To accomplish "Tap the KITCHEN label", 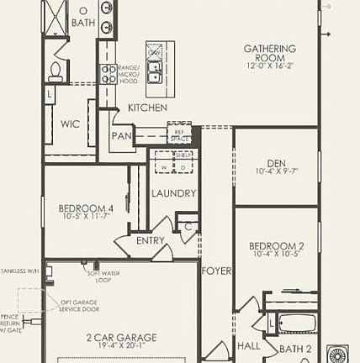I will pos(147,108).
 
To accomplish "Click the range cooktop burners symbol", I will pos(109,74).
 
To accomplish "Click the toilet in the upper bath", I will pos(56,71).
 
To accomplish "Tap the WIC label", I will pos(70,124).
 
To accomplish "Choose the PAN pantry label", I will pos(122,135).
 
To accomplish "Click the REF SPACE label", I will pos(177,133).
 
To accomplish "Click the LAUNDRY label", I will pos(173,193).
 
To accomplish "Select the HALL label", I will pos(247,345).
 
